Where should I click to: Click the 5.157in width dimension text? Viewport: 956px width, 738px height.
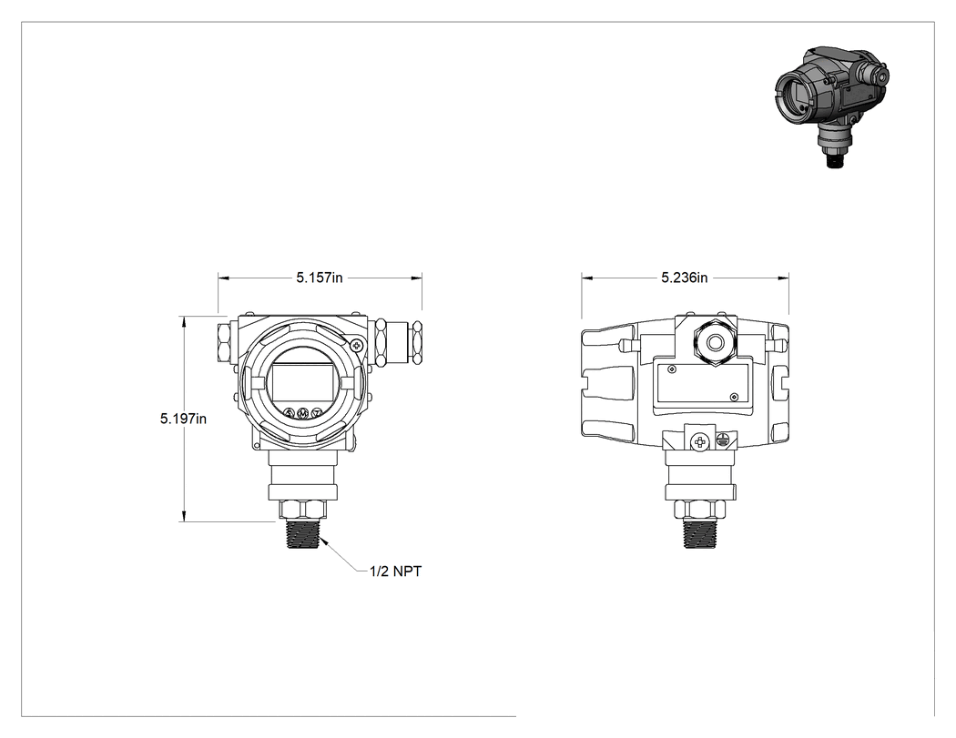click(320, 278)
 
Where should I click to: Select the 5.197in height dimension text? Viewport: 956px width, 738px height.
click(183, 419)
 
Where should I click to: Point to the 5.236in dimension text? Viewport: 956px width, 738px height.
click(685, 278)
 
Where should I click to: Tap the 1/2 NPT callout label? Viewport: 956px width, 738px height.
click(396, 571)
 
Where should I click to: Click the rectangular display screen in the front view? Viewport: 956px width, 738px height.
click(303, 383)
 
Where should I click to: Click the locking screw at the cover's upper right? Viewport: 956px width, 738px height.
click(358, 346)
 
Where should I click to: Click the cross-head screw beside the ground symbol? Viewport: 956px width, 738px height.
click(701, 442)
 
